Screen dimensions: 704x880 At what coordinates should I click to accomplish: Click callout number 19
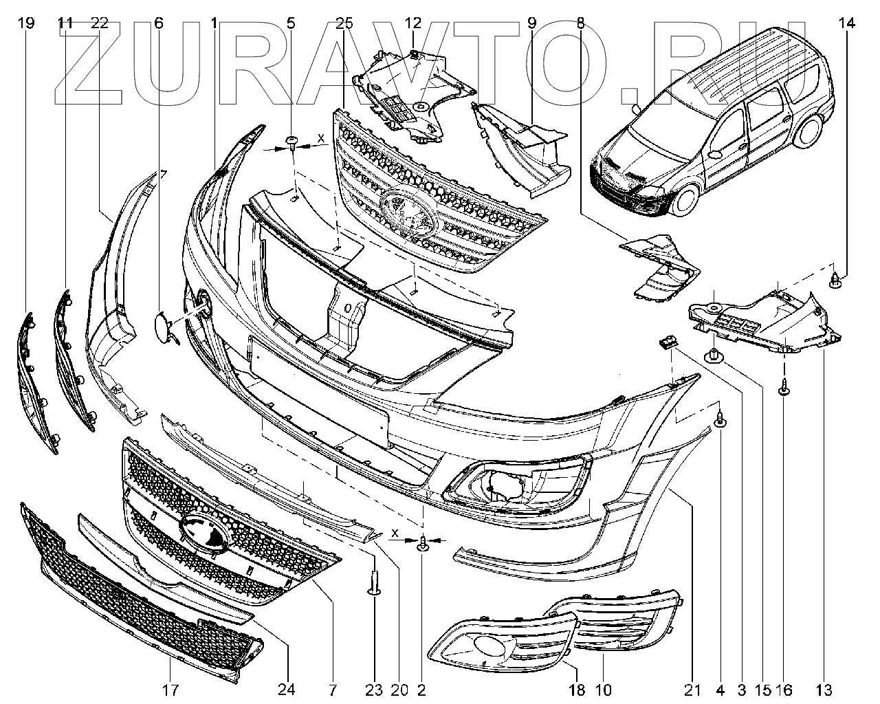[x=26, y=23]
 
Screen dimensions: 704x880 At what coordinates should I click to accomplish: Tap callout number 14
[x=846, y=23]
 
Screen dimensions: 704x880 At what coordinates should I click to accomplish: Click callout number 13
[x=824, y=689]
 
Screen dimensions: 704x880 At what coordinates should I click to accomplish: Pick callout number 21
[x=692, y=689]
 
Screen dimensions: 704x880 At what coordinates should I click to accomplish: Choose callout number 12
[x=412, y=23]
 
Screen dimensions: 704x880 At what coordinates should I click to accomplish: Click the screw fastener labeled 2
[x=423, y=544]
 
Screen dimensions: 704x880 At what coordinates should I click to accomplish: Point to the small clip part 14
[x=835, y=279]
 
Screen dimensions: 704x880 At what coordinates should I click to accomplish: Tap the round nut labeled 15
[x=712, y=356]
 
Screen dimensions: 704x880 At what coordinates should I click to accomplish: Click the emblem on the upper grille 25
[x=408, y=210]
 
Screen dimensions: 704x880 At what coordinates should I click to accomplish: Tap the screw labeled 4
[x=719, y=419]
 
